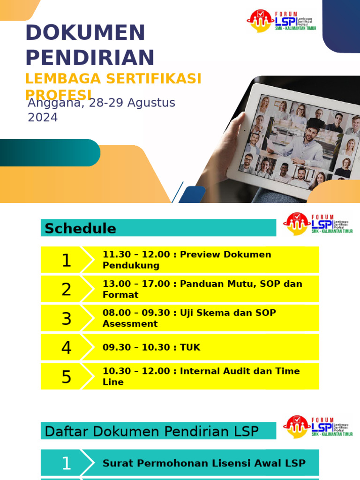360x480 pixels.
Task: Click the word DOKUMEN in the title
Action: (85, 33)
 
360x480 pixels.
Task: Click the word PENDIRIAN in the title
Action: (90, 58)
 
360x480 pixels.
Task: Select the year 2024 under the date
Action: (43, 118)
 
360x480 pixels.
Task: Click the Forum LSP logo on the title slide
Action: (281, 21)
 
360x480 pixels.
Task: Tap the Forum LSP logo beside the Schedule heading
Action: (317, 223)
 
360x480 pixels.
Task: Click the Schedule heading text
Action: (80, 228)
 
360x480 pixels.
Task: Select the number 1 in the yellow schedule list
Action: (67, 260)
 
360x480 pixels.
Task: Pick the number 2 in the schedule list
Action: (67, 289)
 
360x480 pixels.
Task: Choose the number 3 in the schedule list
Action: (67, 319)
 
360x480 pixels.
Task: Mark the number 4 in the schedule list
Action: (67, 348)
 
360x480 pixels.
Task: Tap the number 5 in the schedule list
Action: (67, 377)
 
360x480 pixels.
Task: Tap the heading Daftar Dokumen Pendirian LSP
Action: (151, 431)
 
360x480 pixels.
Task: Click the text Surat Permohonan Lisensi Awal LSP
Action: (204, 463)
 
